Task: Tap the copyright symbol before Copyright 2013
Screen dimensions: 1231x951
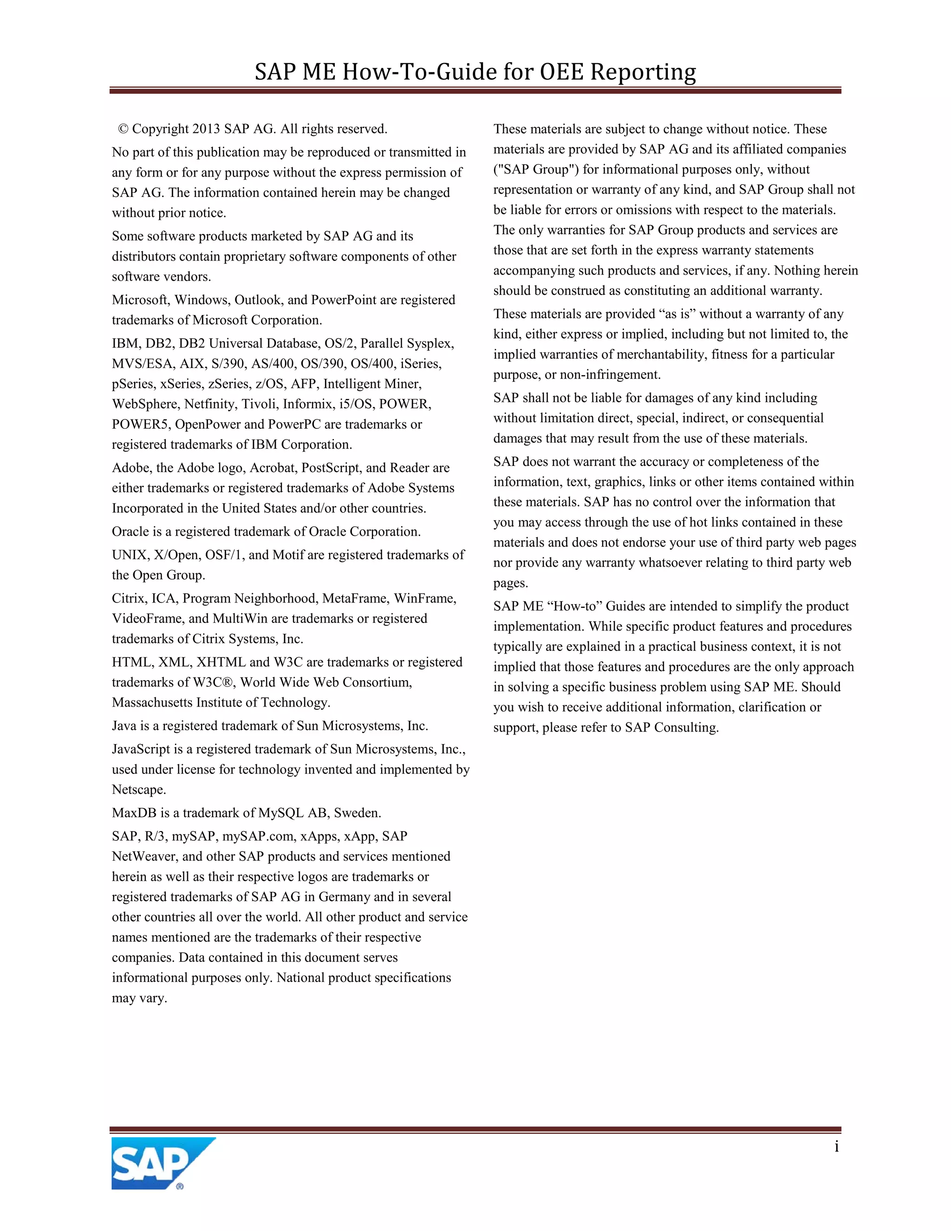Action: pyautogui.click(x=123, y=129)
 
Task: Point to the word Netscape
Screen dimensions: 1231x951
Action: pyautogui.click(x=138, y=790)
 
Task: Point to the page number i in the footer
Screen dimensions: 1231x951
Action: pyautogui.click(x=837, y=1146)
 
